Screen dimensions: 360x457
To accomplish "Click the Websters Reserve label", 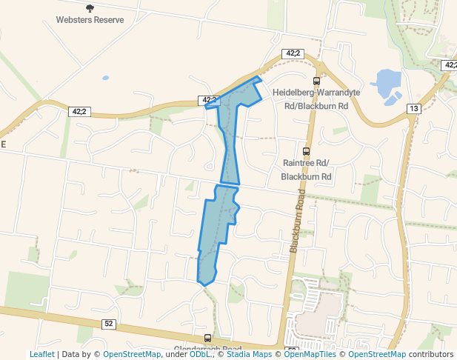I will pos(90,19).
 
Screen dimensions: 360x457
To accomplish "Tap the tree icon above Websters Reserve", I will pos(90,8).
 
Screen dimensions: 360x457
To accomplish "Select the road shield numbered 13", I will pos(413,109).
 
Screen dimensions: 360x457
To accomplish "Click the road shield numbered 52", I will pos(108,324).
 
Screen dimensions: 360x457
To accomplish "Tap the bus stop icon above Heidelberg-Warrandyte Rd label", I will pos(316,81).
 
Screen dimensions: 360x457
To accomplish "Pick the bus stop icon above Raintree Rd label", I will pos(306,151).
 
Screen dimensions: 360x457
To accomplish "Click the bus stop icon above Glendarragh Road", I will pos(207,338).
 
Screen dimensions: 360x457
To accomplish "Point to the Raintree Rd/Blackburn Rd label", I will pos(306,170).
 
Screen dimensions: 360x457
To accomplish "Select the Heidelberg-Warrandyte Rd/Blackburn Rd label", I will pos(310,99).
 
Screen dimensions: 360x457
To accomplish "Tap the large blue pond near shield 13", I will pos(387,84).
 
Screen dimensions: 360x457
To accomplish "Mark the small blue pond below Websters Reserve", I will pos(105,77).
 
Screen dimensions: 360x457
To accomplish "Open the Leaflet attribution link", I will pos(41,354).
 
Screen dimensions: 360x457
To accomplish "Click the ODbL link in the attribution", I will pos(199,354).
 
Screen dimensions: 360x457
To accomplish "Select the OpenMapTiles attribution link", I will pos(310,354).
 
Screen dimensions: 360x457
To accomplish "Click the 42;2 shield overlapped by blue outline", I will pos(207,100).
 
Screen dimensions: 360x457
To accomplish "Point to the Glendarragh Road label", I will pos(207,349).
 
